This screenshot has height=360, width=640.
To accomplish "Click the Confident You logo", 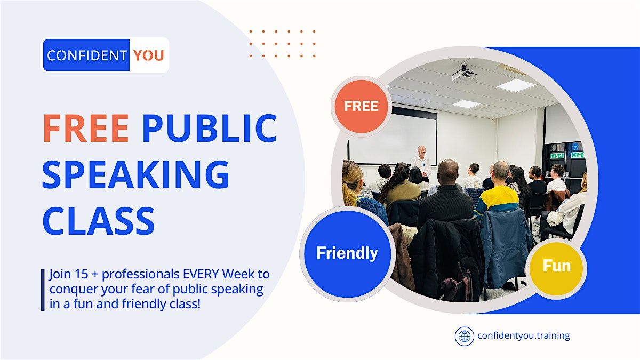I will click(106, 55).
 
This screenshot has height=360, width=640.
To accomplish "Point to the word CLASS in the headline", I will click(98, 220).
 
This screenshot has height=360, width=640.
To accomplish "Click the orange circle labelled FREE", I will click(361, 106).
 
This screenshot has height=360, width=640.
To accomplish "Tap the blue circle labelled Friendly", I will click(347, 253).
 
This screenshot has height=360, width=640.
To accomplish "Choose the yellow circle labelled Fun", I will click(556, 266).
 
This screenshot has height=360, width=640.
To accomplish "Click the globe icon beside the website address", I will click(464, 336).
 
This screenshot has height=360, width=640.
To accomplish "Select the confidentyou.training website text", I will click(523, 336).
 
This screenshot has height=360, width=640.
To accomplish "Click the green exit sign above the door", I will click(557, 155).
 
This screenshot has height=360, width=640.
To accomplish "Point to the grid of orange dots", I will click(282, 43).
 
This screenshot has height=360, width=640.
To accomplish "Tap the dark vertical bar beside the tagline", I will click(43, 290).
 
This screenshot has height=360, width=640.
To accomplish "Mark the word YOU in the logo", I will click(148, 55).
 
